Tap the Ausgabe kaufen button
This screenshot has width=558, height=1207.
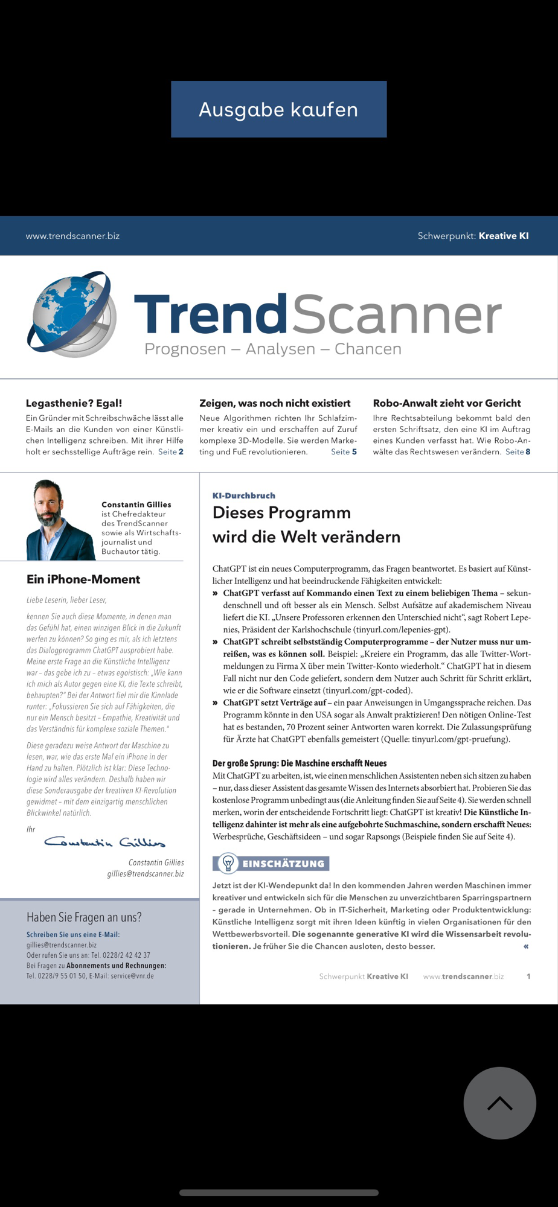tap(278, 109)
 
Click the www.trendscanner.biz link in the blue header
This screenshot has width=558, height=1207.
tap(72, 236)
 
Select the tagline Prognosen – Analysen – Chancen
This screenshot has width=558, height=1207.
tap(272, 349)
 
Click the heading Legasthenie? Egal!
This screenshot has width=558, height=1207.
tap(74, 403)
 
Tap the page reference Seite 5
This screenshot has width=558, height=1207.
tap(344, 451)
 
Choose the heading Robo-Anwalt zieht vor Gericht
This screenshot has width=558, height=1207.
tap(446, 403)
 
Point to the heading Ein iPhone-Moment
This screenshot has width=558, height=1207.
tap(83, 579)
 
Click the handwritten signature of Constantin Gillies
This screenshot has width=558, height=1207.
tap(104, 841)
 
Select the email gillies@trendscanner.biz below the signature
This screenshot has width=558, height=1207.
tap(146, 873)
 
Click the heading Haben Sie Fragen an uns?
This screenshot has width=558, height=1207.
tap(84, 917)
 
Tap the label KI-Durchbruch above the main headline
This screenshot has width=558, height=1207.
tap(243, 495)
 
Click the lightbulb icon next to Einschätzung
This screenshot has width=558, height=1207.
tap(228, 864)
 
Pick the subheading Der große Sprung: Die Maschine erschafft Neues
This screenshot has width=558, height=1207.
tap(300, 763)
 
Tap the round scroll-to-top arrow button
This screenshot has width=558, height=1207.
tap(499, 1103)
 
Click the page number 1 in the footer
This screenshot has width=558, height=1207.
tap(528, 976)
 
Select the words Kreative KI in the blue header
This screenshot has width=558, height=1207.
tap(504, 236)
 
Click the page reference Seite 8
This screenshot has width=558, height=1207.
tap(518, 451)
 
